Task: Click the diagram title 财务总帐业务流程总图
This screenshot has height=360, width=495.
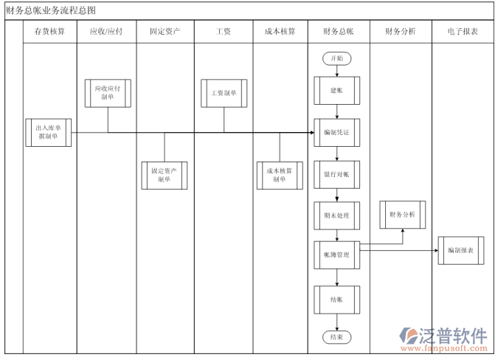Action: click(50, 10)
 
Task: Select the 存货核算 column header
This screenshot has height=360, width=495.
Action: click(49, 32)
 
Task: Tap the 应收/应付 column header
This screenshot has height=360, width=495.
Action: click(106, 32)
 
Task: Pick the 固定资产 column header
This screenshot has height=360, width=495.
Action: click(165, 32)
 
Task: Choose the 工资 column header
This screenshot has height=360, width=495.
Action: click(223, 32)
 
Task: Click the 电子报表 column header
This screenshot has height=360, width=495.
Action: click(463, 32)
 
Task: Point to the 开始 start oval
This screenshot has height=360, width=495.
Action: click(337, 58)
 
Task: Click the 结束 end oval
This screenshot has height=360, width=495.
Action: click(337, 336)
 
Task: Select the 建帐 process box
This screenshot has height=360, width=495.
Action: click(337, 90)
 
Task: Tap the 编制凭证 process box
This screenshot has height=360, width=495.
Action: click(337, 132)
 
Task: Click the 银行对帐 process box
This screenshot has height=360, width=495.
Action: click(337, 174)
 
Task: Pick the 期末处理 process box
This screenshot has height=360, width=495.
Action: click(337, 215)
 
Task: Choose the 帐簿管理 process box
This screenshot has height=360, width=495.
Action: click(337, 255)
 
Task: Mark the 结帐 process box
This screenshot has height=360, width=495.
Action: click(337, 299)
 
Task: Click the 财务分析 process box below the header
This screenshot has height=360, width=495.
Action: click(403, 215)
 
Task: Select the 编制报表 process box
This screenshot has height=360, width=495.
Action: click(461, 250)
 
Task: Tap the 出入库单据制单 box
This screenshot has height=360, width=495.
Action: click(49, 132)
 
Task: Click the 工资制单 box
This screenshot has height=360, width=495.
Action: click(224, 94)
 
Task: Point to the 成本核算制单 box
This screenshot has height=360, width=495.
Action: click(280, 175)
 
